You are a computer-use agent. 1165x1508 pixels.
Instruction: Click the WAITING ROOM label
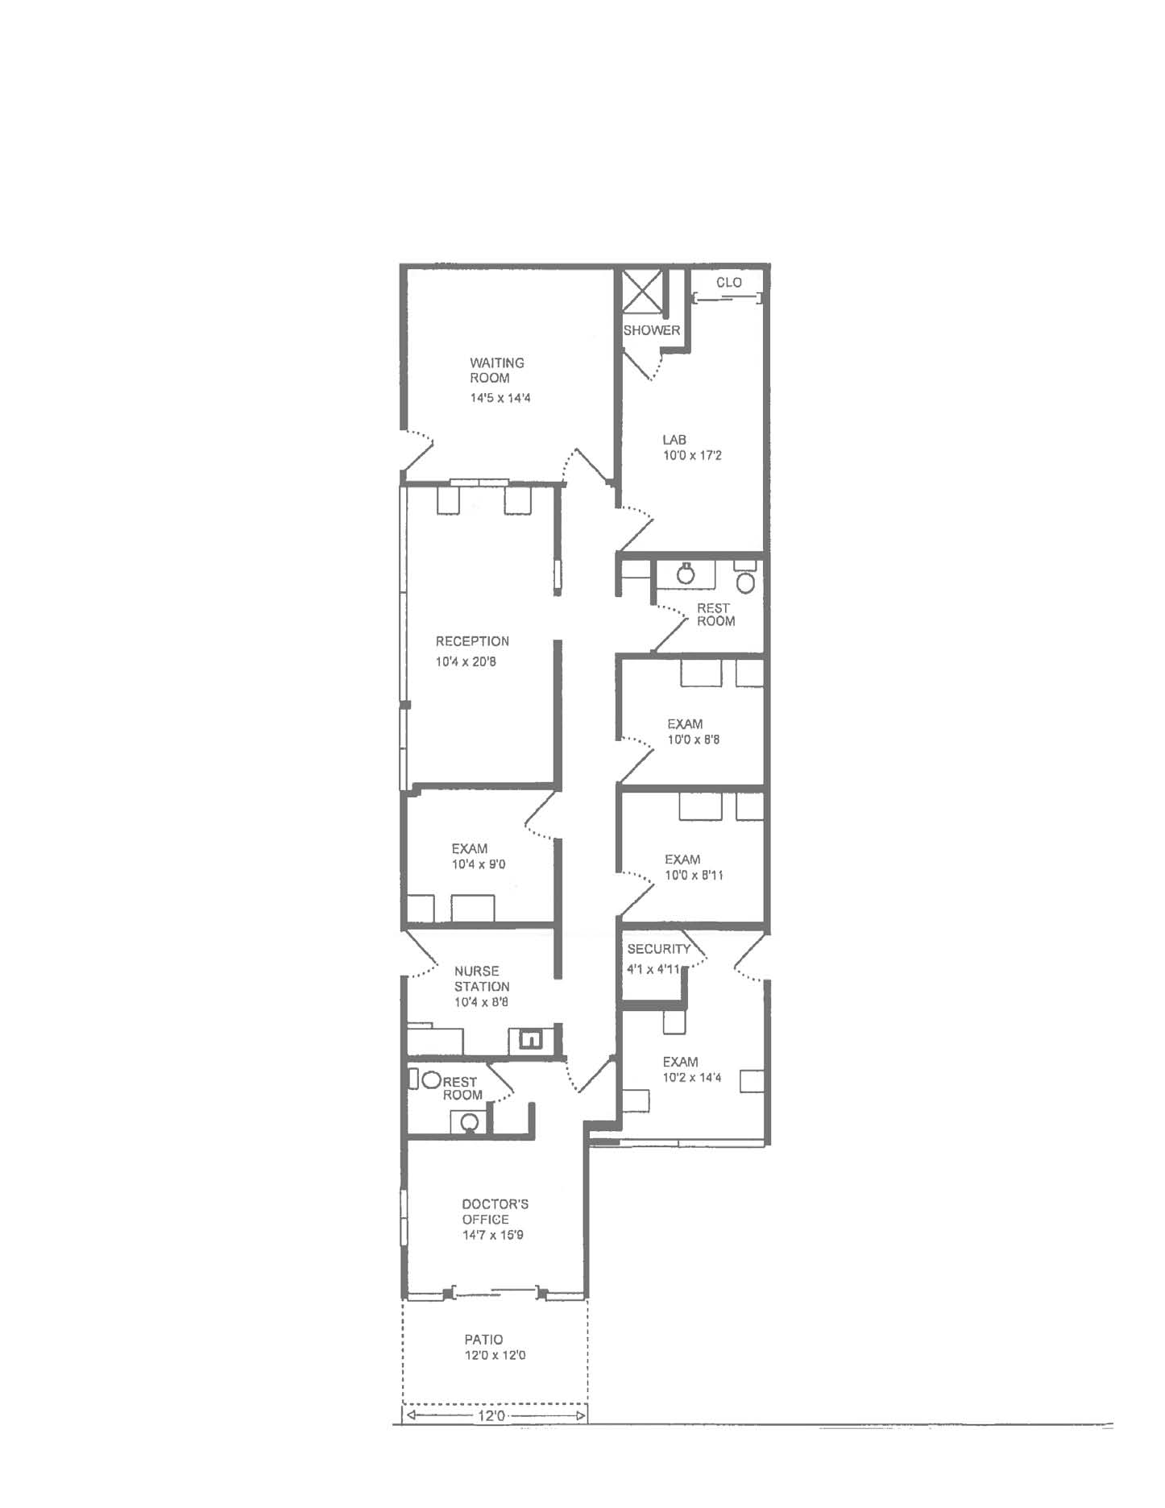(x=497, y=371)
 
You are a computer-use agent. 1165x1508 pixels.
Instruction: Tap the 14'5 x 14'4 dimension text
(x=500, y=398)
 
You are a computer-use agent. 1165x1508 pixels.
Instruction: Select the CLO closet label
(x=729, y=283)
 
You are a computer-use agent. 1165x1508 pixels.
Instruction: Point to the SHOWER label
(x=652, y=330)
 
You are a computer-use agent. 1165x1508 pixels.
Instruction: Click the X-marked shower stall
(x=642, y=292)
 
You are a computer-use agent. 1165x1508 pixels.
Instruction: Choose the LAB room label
(x=674, y=440)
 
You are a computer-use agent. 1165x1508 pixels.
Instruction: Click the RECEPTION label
(x=472, y=641)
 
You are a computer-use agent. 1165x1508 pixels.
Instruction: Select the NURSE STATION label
(x=482, y=979)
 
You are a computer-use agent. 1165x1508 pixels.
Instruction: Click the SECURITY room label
(x=659, y=949)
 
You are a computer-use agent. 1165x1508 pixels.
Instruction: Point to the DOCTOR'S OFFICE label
(x=495, y=1212)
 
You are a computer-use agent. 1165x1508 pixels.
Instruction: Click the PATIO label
(x=483, y=1340)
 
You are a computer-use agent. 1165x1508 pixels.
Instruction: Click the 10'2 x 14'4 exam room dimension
(x=692, y=1078)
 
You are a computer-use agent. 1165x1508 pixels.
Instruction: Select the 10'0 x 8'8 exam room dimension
(x=694, y=739)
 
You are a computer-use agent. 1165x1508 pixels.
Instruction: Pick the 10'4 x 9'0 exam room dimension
(x=479, y=864)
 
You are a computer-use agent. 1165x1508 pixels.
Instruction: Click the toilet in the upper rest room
(x=745, y=580)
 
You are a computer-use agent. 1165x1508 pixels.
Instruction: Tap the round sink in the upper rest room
(x=686, y=574)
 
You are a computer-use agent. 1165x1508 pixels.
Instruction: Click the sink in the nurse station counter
(x=529, y=1040)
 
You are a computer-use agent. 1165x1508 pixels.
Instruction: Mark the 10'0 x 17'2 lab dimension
(x=692, y=455)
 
